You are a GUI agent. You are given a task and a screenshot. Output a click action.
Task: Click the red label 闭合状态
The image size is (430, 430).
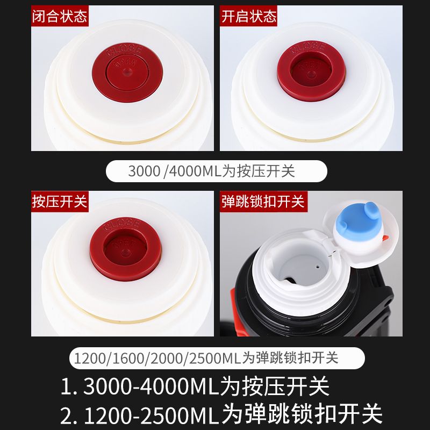point(60,16)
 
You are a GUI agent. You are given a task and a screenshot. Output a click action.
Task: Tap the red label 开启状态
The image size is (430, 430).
point(248,16)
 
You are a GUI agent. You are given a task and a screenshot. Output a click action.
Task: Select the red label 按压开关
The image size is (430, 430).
point(60,201)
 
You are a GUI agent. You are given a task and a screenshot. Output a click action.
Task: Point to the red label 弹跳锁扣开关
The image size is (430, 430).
point(263,201)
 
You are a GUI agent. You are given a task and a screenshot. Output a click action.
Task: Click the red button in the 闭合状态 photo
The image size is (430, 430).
point(127,73)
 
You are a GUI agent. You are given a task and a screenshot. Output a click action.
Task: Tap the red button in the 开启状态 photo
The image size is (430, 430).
point(311,71)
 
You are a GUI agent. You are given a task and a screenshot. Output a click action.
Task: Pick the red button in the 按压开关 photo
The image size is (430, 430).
point(126,248)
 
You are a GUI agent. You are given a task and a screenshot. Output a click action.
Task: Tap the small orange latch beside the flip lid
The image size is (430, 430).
point(385,238)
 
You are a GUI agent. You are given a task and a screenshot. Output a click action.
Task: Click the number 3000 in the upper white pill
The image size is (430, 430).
point(144,171)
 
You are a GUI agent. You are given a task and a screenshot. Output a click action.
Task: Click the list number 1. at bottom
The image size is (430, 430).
point(69,386)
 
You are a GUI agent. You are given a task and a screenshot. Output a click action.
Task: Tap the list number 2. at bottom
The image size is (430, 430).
point(69,415)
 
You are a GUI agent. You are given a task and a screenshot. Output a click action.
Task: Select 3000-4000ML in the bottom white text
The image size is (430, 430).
point(151,386)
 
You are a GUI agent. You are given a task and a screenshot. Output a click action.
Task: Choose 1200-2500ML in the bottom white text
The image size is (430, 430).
point(152,415)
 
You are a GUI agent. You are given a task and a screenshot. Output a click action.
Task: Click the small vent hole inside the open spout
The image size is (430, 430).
point(318,266)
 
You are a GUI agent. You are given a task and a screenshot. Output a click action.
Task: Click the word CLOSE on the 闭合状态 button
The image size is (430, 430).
point(125,50)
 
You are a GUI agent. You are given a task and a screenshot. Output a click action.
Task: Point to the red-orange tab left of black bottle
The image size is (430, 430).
point(233,296)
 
